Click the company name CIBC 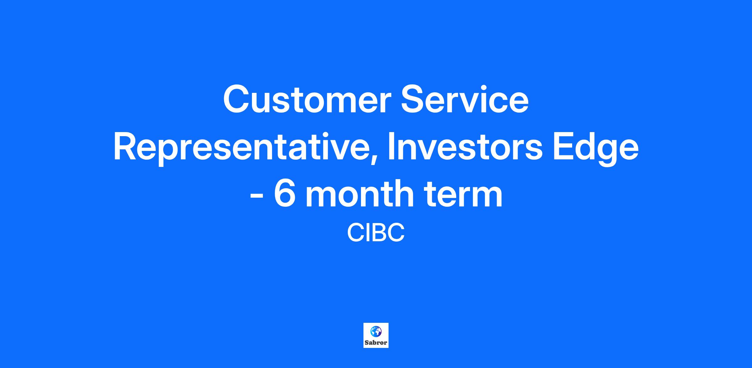tap(376, 232)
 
